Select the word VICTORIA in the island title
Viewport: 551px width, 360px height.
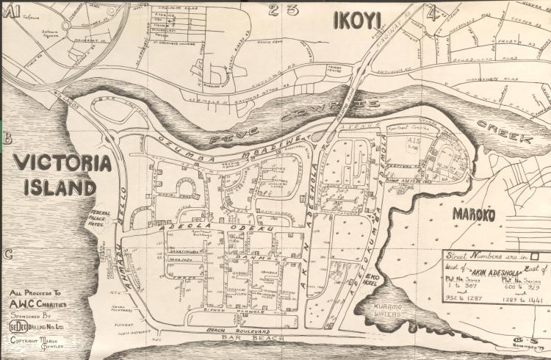[57, 163]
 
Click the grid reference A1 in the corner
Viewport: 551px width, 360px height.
[12, 10]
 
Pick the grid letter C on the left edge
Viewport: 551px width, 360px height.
[8, 255]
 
